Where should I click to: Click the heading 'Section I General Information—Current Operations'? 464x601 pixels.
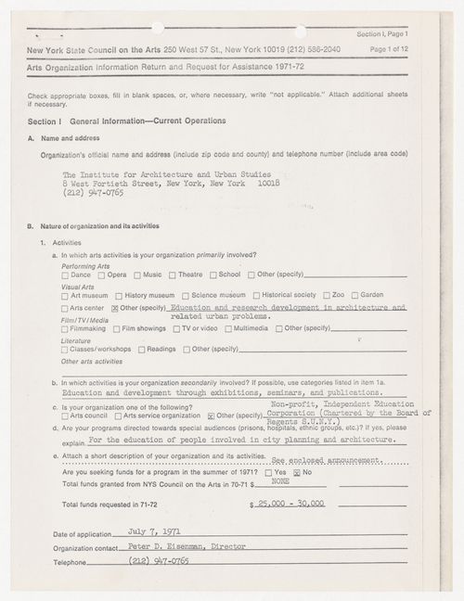click(x=126, y=121)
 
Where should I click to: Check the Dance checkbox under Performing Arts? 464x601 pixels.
click(x=65, y=275)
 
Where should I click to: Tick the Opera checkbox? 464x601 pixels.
click(x=100, y=275)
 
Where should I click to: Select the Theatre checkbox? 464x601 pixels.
click(x=172, y=275)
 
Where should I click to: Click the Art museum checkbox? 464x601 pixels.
click(x=65, y=295)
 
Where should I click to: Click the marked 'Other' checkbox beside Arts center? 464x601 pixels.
click(x=114, y=307)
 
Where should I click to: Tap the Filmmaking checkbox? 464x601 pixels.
click(x=65, y=327)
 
